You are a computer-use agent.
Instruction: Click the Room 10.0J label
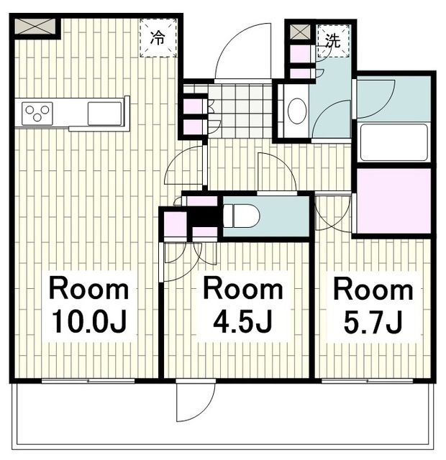coord(88,305)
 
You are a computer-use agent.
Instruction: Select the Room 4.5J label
coord(242,305)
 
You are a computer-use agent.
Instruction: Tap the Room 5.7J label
coord(373,305)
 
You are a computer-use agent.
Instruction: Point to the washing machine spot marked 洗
coord(332,40)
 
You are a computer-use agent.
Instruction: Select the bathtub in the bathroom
coord(393,142)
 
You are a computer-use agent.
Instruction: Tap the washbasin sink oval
coord(296,111)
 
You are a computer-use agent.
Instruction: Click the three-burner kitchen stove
coord(37,114)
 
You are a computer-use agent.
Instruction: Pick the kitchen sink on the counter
coord(104,113)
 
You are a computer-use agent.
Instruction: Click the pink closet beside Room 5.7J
coord(393,201)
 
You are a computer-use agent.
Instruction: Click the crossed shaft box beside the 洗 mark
coord(300,32)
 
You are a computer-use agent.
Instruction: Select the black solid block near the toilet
coord(204,215)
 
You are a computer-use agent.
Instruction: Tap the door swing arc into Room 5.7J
coord(332,213)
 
